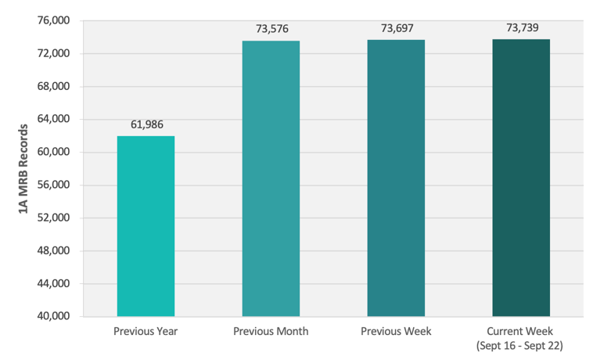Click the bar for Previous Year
(146, 226)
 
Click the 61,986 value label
(146, 124)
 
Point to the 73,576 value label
(271, 29)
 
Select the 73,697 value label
(397, 28)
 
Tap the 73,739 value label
(522, 28)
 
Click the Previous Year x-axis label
(146, 332)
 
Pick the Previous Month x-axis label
(271, 332)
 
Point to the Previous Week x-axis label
(396, 332)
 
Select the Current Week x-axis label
(521, 337)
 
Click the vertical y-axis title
(23, 168)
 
